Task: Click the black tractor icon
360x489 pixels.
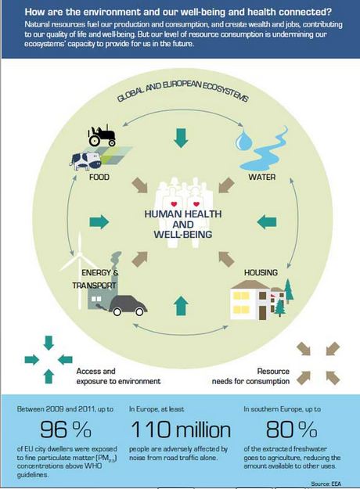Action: click(x=102, y=135)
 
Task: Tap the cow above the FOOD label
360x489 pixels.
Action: click(x=85, y=160)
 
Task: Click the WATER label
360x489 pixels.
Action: click(x=261, y=177)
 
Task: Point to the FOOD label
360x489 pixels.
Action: click(x=99, y=177)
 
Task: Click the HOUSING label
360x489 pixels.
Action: click(x=261, y=272)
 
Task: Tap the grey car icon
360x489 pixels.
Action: click(x=128, y=305)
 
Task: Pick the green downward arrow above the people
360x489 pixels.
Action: click(x=181, y=138)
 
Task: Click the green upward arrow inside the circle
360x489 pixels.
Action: click(x=181, y=306)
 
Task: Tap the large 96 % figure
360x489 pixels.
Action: click(x=66, y=429)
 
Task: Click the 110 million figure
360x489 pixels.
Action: click(x=181, y=429)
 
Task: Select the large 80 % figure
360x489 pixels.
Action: click(x=291, y=429)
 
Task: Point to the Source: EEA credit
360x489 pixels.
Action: click(x=326, y=484)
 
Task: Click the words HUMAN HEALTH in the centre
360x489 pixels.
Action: click(x=183, y=214)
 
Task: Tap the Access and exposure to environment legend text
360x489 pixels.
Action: click(x=118, y=376)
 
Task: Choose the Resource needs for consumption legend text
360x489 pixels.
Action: click(x=250, y=376)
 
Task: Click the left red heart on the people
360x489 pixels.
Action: click(x=174, y=204)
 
